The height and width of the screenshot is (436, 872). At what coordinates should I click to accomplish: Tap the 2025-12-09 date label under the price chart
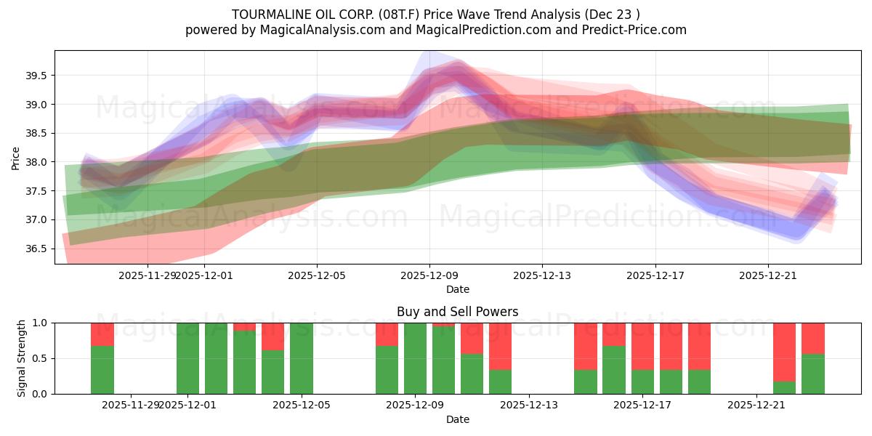click(429, 275)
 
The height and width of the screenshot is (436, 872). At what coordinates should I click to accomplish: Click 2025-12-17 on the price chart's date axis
click(655, 275)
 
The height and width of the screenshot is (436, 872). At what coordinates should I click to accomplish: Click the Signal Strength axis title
click(22, 358)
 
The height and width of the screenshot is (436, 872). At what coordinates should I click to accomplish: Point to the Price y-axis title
click(16, 158)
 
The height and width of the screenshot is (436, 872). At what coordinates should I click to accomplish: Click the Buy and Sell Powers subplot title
click(457, 312)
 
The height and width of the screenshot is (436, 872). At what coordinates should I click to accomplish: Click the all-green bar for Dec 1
click(187, 358)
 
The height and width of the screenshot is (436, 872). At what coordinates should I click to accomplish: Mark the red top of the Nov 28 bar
click(102, 334)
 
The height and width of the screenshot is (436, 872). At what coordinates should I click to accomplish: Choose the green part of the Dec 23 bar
click(813, 374)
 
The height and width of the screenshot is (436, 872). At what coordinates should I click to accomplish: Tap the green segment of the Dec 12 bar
click(500, 382)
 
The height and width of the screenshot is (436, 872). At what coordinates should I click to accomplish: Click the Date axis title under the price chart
click(457, 289)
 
